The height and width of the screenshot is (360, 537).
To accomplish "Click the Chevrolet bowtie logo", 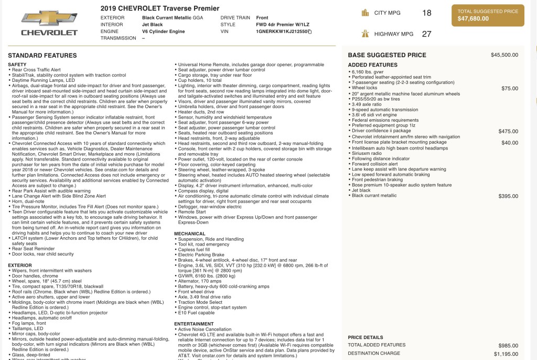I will click(x=49, y=19).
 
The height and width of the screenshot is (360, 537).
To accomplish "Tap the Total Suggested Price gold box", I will click(x=487, y=15).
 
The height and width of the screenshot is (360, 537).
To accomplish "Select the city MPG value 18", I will click(x=426, y=13).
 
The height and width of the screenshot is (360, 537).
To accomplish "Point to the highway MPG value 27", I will click(x=426, y=34).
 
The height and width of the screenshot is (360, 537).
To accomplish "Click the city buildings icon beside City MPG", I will click(x=366, y=13).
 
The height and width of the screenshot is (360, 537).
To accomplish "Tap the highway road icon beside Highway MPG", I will click(x=366, y=34).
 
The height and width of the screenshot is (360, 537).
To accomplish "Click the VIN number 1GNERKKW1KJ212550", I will click(x=281, y=31).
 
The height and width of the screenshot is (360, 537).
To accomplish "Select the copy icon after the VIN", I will click(x=309, y=32).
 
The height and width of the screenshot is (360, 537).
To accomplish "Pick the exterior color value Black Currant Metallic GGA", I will click(x=172, y=18).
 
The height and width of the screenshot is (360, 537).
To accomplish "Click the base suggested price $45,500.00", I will click(x=504, y=55).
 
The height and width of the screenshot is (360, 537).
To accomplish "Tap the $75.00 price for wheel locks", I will click(x=509, y=88).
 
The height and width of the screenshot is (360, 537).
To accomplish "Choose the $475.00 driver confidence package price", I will click(x=508, y=131).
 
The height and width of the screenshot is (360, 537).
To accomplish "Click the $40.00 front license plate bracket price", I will click(x=509, y=142).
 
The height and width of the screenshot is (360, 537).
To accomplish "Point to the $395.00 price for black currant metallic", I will click(x=508, y=196).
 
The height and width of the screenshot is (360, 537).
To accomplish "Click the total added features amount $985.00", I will click(x=508, y=345).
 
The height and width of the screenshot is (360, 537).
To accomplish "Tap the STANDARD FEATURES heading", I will click(x=42, y=55).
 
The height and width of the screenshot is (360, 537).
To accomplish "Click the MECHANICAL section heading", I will click(x=190, y=234).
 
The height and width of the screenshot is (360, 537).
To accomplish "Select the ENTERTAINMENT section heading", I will click(x=194, y=324).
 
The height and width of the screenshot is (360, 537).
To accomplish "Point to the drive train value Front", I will click(x=262, y=18).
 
